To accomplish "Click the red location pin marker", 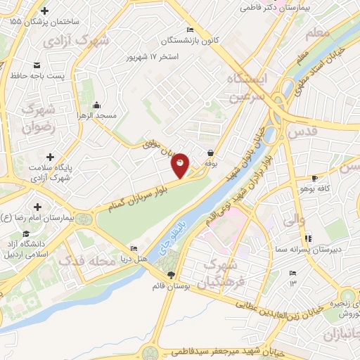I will [x=180, y=165].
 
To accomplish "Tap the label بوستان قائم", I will [x=170, y=286].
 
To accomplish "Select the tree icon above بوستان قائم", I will [x=170, y=274].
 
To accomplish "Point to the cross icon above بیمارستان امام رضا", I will [x=37, y=207].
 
